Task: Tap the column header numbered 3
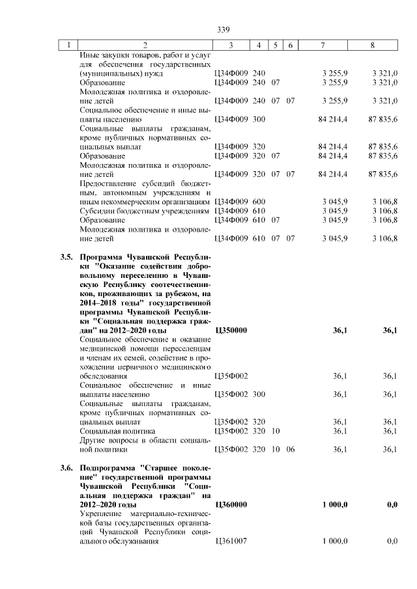pyautogui.click(x=231, y=46)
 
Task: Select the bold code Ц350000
pyautogui.click(x=231, y=331)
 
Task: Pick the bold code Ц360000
pyautogui.click(x=231, y=504)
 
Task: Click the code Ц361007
pyautogui.click(x=231, y=541)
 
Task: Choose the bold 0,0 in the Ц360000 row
pyautogui.click(x=392, y=504)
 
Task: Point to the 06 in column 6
pyautogui.click(x=291, y=449)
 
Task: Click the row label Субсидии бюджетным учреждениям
pyautogui.click(x=144, y=211)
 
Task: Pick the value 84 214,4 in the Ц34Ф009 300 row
pyautogui.click(x=333, y=120)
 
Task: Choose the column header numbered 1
pyautogui.click(x=68, y=46)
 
